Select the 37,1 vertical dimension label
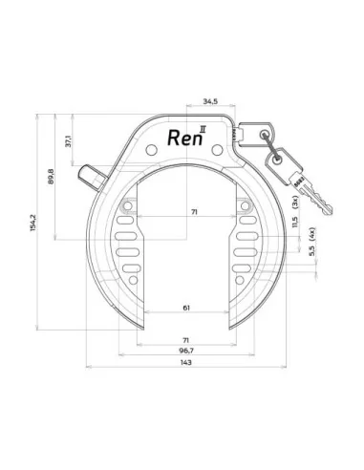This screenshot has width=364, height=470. [70, 141]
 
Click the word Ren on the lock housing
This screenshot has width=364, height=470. [185, 136]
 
